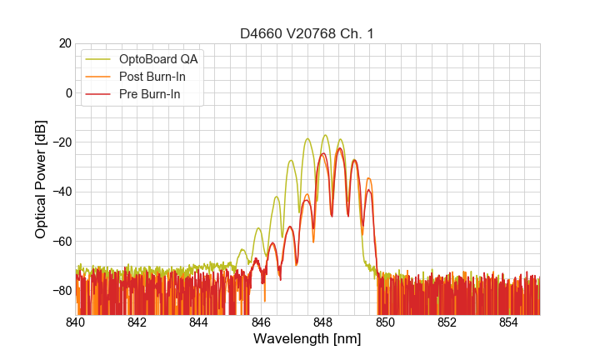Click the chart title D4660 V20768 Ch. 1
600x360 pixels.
307,33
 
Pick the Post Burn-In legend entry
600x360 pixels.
152,77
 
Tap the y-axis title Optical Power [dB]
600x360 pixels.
41,179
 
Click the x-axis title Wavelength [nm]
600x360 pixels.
307,339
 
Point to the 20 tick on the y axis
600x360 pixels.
63,43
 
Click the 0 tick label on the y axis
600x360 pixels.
67,92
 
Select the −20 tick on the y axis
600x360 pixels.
60,142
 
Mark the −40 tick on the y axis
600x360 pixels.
60,192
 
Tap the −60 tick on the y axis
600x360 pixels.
60,241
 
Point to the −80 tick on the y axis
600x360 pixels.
60,291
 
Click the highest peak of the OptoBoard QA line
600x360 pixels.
325,135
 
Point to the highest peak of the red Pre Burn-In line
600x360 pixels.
339,149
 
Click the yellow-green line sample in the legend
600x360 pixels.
98,59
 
